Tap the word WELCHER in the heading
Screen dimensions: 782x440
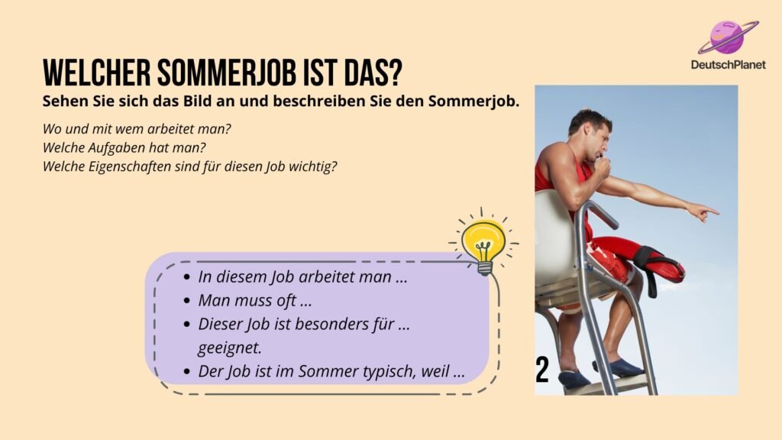point(96,73)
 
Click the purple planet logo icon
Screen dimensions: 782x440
point(728,37)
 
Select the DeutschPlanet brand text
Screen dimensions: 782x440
point(728,64)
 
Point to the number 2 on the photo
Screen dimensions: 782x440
point(542,370)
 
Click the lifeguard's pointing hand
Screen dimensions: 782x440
point(703,212)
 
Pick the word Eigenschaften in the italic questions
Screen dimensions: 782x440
point(130,167)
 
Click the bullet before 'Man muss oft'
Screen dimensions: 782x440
point(186,301)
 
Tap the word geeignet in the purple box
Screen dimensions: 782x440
point(229,348)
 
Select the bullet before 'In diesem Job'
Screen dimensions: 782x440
point(186,277)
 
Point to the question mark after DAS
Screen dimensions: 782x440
point(395,73)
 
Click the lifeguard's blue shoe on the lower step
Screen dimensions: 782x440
point(574,379)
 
